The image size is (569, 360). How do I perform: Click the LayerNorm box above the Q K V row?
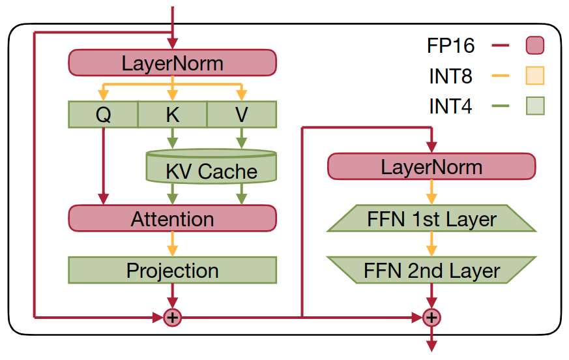tap(172, 63)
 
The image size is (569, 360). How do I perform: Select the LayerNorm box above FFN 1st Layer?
tap(431, 166)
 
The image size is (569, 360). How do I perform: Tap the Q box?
tap(103, 114)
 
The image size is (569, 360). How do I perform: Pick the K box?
tap(172, 114)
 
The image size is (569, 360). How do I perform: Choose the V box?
tap(242, 114)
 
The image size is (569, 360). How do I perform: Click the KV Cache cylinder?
tap(211, 166)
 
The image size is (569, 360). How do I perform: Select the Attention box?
tap(172, 218)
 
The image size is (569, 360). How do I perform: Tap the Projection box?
tap(172, 270)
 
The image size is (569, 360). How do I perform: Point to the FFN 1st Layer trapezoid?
tap(431, 218)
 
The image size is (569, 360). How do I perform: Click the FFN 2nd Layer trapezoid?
tap(431, 270)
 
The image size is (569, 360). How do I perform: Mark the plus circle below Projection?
tap(172, 318)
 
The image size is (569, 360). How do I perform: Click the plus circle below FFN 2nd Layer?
tap(431, 318)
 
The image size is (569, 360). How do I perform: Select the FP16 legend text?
tap(450, 46)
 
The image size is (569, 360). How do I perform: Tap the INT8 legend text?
tap(450, 76)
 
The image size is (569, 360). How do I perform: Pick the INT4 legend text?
tap(450, 106)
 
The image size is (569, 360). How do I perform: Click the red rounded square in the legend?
tap(535, 46)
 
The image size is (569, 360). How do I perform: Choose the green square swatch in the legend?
tap(535, 106)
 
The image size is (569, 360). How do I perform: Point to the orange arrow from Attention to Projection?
tap(172, 244)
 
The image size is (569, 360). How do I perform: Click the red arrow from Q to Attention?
tap(104, 166)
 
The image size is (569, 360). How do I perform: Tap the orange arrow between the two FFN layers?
tap(431, 244)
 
